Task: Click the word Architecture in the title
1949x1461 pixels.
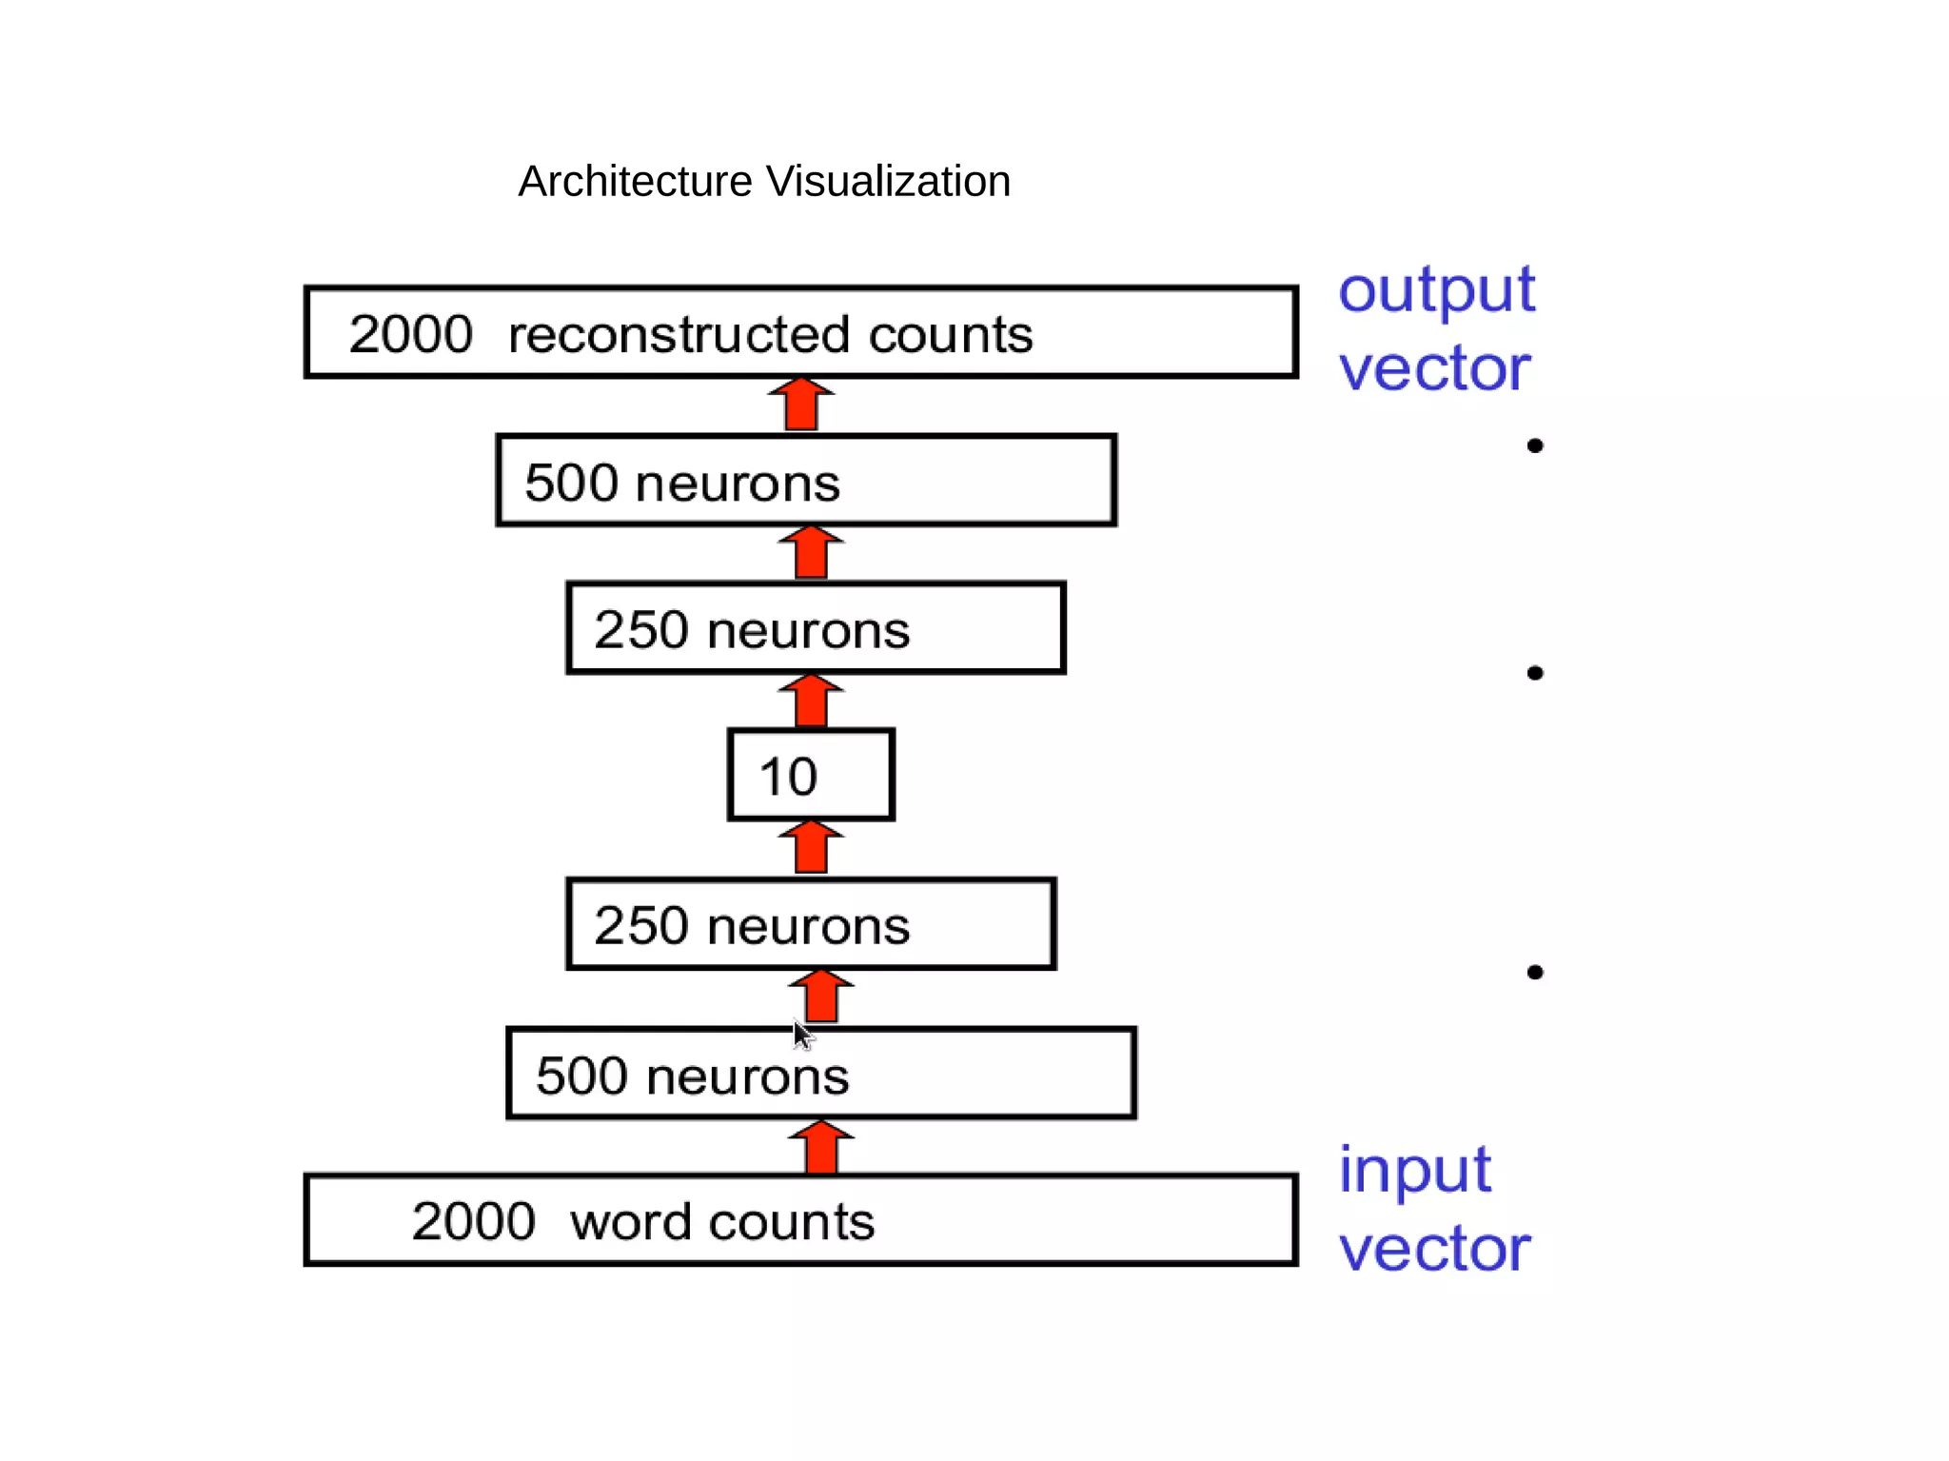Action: pyautogui.click(x=635, y=182)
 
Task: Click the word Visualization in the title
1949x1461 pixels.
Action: pyautogui.click(x=888, y=182)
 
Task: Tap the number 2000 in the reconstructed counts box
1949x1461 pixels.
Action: pyautogui.click(x=410, y=335)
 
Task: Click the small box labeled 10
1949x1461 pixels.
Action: pyautogui.click(x=811, y=775)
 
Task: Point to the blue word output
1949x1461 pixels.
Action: pyautogui.click(x=1436, y=290)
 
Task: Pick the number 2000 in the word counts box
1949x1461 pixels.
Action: pyautogui.click(x=473, y=1221)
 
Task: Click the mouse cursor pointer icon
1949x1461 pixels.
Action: pyautogui.click(x=802, y=1034)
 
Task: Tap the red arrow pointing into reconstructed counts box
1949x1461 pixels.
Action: pyautogui.click(x=801, y=404)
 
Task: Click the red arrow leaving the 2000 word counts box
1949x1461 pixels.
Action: pyautogui.click(x=821, y=1147)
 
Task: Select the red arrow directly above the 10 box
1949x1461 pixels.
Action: pyautogui.click(x=811, y=701)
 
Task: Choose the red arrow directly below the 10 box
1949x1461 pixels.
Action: pyautogui.click(x=811, y=847)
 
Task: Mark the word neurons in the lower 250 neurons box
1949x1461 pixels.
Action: pyautogui.click(x=808, y=926)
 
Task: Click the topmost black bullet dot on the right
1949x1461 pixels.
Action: pyautogui.click(x=1534, y=445)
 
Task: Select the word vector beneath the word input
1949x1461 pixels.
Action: pyautogui.click(x=1434, y=1249)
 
